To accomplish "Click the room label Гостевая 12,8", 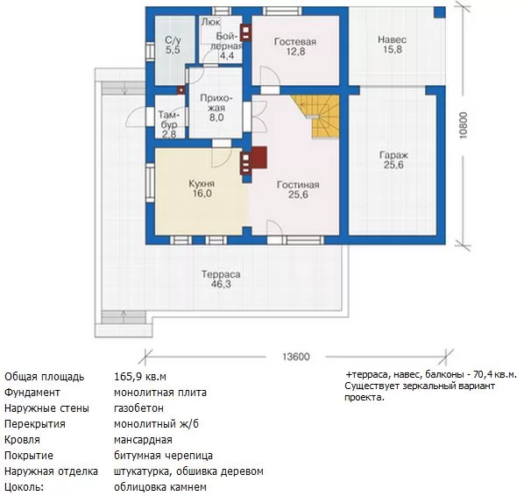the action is tap(295, 46).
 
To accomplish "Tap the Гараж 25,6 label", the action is tap(393, 160).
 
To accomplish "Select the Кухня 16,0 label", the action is tap(202, 188).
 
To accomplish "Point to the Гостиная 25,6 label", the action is tap(298, 189).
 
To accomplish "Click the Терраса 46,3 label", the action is tap(221, 279).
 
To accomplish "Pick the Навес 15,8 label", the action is tap(393, 45).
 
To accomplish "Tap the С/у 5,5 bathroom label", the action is tap(173, 45).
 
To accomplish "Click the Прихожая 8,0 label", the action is tap(216, 108).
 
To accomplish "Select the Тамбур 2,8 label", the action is tap(169, 124).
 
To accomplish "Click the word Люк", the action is tap(210, 22).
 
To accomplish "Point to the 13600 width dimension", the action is tap(296, 357).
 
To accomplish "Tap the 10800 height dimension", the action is tap(464, 125).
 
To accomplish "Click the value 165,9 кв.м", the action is tap(140, 377).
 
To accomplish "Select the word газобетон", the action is tap(138, 408).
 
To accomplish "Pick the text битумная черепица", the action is tap(163, 455).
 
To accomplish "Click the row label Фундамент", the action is tap(32, 392).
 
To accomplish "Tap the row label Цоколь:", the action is tap(24, 486).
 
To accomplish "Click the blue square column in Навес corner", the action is tap(440, 12).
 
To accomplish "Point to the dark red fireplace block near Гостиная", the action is tap(258, 158).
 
